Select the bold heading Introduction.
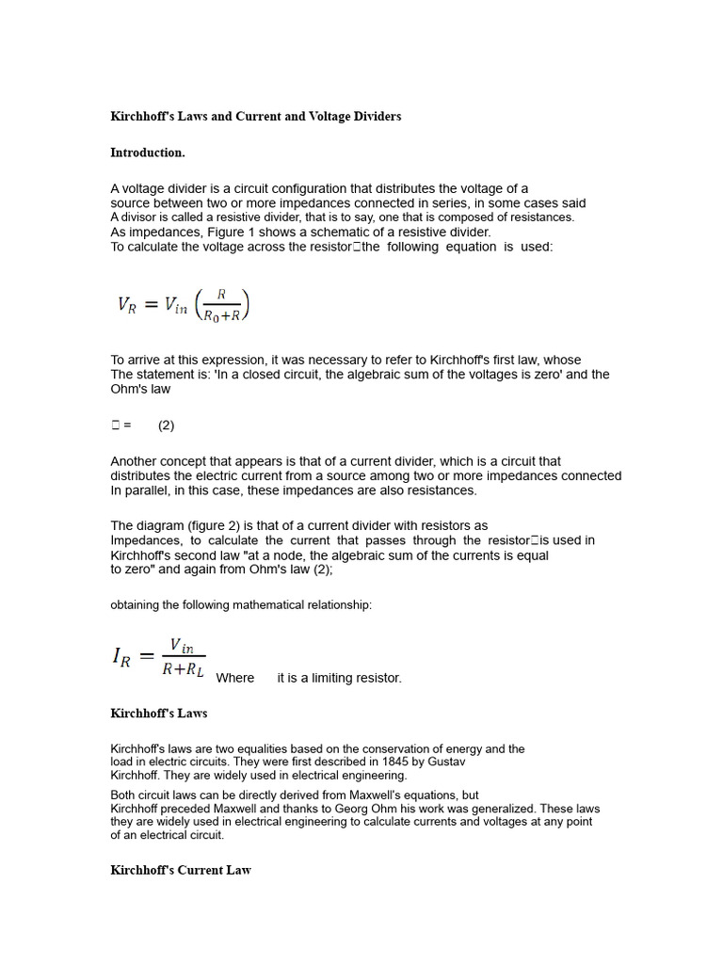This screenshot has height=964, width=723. pyautogui.click(x=148, y=153)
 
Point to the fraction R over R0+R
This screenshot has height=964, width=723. pyautogui.click(x=222, y=305)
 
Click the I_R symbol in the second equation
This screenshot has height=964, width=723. pyautogui.click(x=121, y=658)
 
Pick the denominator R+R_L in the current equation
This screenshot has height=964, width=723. pyautogui.click(x=183, y=670)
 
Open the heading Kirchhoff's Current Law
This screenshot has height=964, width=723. pyautogui.click(x=181, y=871)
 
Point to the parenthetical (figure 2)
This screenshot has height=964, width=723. pyautogui.click(x=200, y=525)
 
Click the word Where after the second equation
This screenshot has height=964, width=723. pyautogui.click(x=235, y=678)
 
